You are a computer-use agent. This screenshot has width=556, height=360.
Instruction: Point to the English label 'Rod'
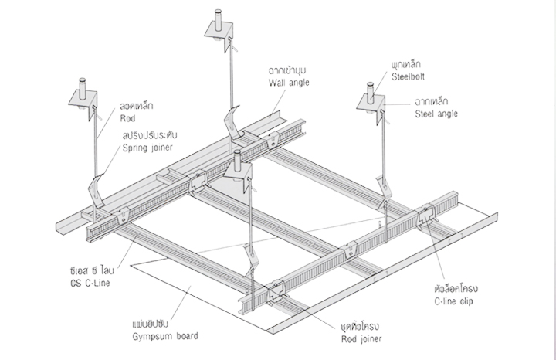(x=127, y=118)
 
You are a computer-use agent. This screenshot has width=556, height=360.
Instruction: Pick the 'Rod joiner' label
(x=361, y=337)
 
